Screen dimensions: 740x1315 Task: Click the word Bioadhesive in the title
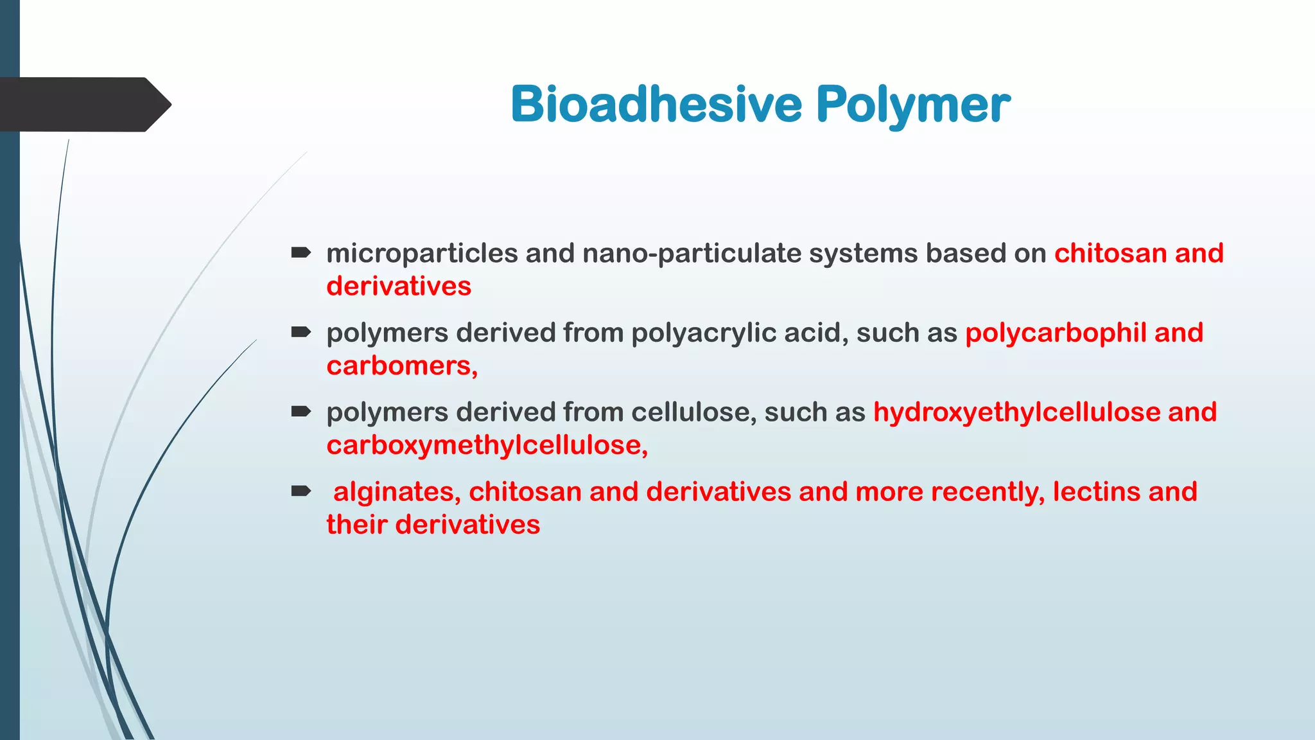pyautogui.click(x=656, y=104)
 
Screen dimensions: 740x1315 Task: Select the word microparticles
pyautogui.click(x=422, y=254)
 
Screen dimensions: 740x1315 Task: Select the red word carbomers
pyautogui.click(x=399, y=366)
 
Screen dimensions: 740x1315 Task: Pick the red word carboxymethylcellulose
pyautogui.click(x=483, y=446)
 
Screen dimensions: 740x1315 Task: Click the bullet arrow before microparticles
pyautogui.click(x=300, y=252)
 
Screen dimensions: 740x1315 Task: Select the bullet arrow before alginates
pyautogui.click(x=300, y=491)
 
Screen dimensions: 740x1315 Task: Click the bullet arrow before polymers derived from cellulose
pyautogui.click(x=300, y=412)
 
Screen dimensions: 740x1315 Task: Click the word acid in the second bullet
pyautogui.click(x=818, y=333)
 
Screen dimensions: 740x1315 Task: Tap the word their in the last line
pyautogui.click(x=357, y=525)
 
